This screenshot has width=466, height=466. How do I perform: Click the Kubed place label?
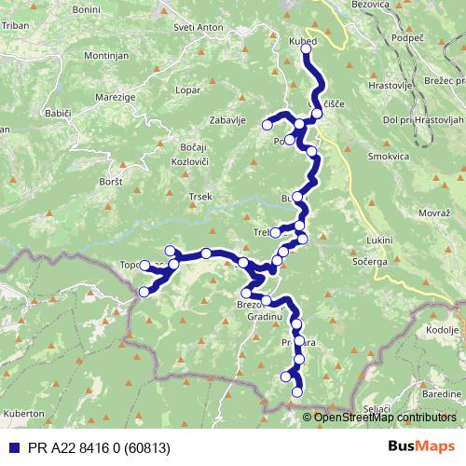pyautogui.click(x=305, y=43)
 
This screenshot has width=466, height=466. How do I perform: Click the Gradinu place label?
pyautogui.click(x=265, y=318)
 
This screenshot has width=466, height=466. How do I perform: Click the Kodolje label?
pyautogui.click(x=445, y=331)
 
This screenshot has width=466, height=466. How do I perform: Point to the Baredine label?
pyautogui.click(x=441, y=394)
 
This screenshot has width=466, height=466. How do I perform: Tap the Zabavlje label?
pyautogui.click(x=226, y=119)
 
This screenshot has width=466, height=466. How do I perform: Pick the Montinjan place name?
pyautogui.click(x=105, y=57)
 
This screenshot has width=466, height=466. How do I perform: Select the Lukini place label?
pyautogui.click(x=379, y=240)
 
